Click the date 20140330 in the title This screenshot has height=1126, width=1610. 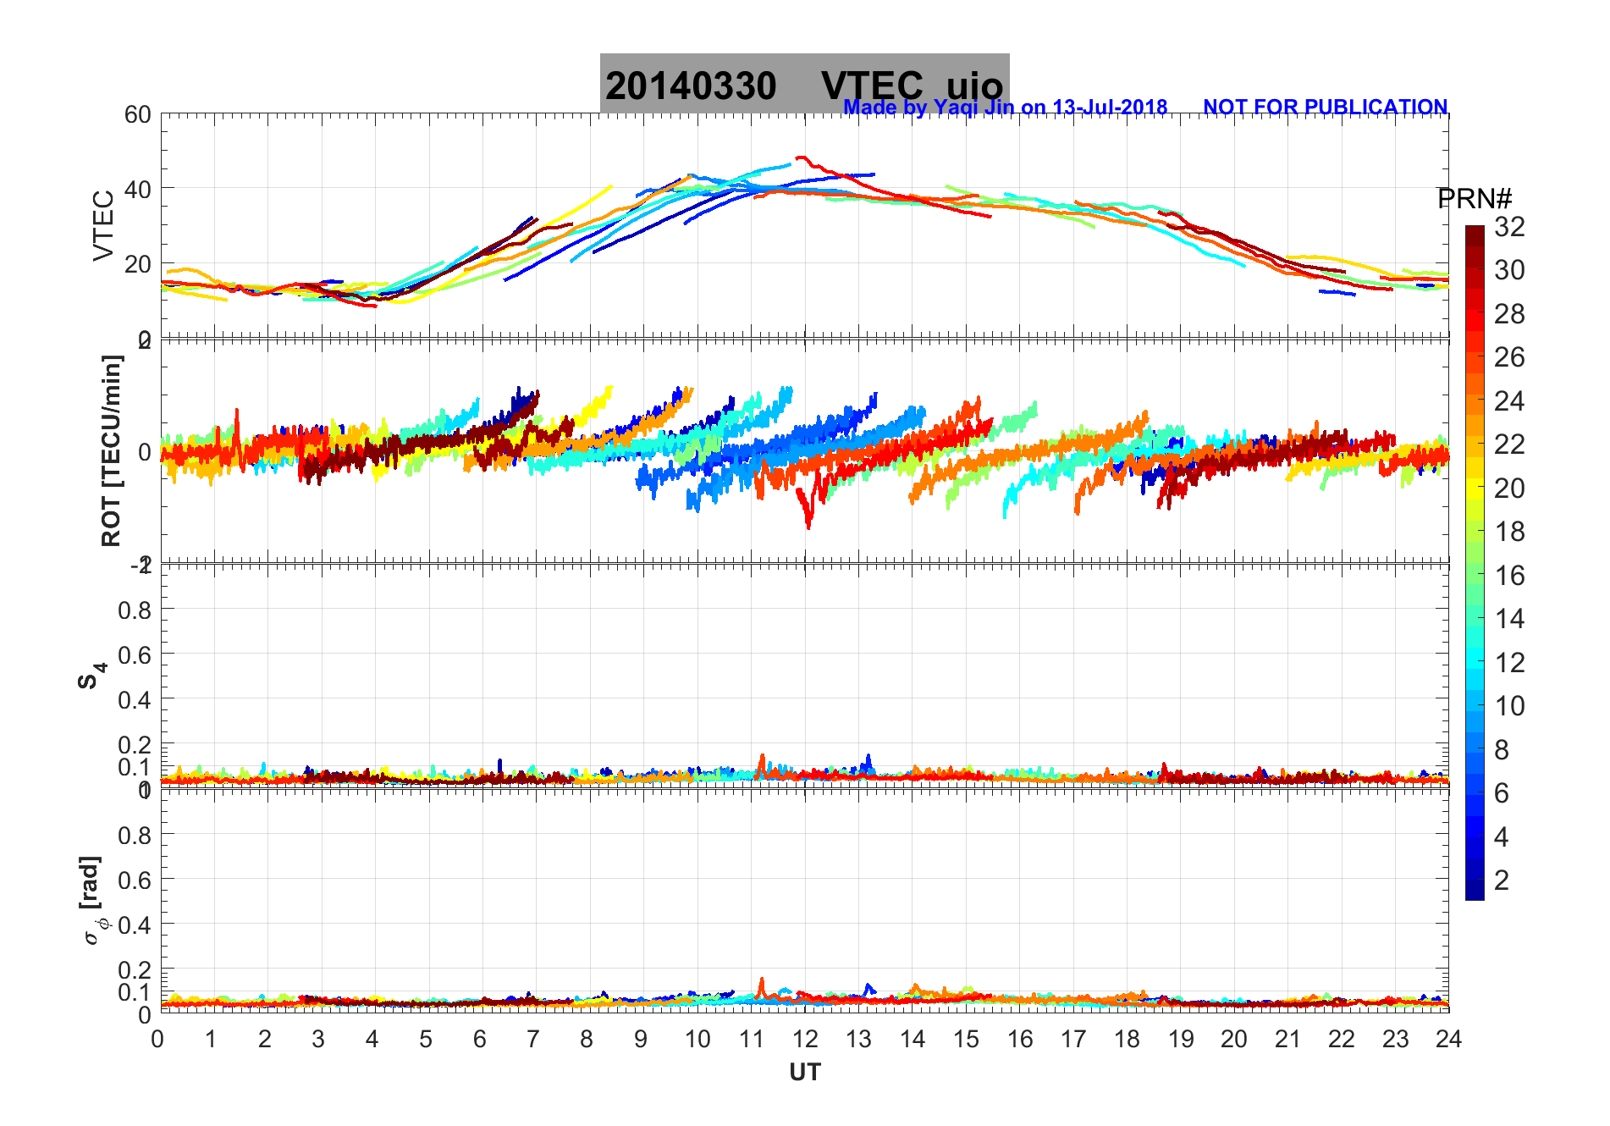pyautogui.click(x=691, y=86)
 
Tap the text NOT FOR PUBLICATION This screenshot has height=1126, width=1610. pyautogui.click(x=1325, y=108)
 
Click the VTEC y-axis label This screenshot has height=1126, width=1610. pyautogui.click(x=103, y=226)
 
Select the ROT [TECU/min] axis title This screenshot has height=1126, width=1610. pyautogui.click(x=111, y=450)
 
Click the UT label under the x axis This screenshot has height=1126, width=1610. pyautogui.click(x=804, y=1073)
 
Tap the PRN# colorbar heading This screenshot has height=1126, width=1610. pyautogui.click(x=1475, y=199)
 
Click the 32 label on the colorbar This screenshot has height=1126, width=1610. pyautogui.click(x=1509, y=227)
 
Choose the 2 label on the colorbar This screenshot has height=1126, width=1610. pyautogui.click(x=1502, y=880)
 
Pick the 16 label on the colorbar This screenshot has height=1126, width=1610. pyautogui.click(x=1509, y=576)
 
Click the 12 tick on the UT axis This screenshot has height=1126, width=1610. pyautogui.click(x=805, y=1039)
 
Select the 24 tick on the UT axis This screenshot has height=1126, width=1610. pyautogui.click(x=1448, y=1039)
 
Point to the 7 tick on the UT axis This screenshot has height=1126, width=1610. pyautogui.click(x=533, y=1039)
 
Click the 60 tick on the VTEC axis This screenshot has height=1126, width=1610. pyautogui.click(x=138, y=114)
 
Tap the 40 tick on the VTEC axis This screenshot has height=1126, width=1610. pyautogui.click(x=138, y=189)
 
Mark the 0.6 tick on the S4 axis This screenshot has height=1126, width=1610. pyautogui.click(x=135, y=654)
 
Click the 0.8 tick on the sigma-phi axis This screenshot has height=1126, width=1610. pyautogui.click(x=135, y=835)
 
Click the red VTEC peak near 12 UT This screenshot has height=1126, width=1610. pyautogui.click(x=801, y=157)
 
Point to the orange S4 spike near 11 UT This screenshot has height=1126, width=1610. pyautogui.click(x=762, y=757)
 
